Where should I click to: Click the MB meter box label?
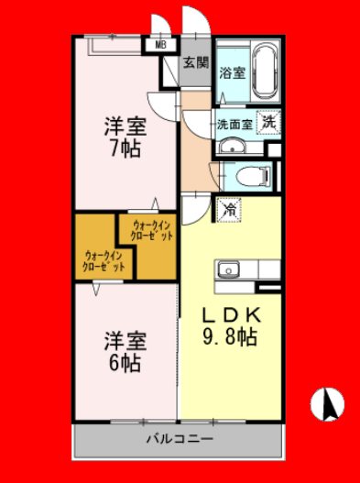(x=160, y=45)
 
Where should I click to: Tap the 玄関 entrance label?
(x=196, y=63)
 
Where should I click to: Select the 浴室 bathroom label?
(x=232, y=72)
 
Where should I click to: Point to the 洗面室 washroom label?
(x=235, y=124)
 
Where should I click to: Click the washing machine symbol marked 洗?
(x=268, y=123)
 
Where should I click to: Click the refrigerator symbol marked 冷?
(x=229, y=210)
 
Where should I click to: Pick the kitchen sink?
(x=228, y=269)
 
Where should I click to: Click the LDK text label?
(x=231, y=315)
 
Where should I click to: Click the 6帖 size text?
(x=125, y=363)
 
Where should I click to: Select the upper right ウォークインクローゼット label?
(x=151, y=231)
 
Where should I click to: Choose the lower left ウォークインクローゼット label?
(x=104, y=261)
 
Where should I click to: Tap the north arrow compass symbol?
(x=327, y=404)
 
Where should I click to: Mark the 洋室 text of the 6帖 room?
(x=125, y=341)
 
